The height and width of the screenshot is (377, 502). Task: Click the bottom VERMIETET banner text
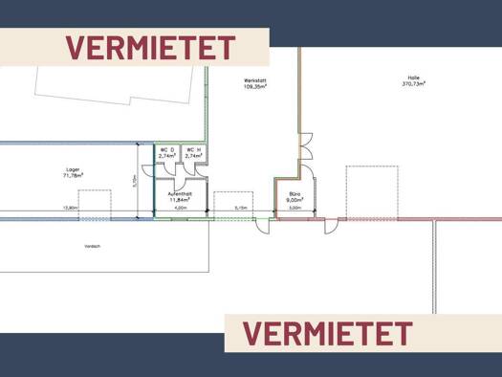click(327, 333)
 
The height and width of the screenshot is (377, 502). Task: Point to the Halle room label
click(415, 77)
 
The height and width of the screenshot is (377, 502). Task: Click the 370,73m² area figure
click(415, 83)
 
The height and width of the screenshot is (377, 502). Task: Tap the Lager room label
click(73, 168)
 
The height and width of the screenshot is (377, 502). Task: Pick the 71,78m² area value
click(73, 175)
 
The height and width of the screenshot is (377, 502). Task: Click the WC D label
click(165, 149)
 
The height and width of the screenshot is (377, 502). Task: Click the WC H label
click(192, 149)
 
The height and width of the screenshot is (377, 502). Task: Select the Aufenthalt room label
click(180, 193)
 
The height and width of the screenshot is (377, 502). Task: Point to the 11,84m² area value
click(180, 200)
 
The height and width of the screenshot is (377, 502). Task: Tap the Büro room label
click(295, 193)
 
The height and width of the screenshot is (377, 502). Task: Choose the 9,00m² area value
click(295, 200)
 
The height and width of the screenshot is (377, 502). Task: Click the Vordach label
click(92, 246)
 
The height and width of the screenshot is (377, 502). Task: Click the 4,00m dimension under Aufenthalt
click(181, 208)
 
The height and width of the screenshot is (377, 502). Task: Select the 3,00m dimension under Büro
click(295, 208)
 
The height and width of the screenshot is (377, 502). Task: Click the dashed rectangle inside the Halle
click(371, 191)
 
